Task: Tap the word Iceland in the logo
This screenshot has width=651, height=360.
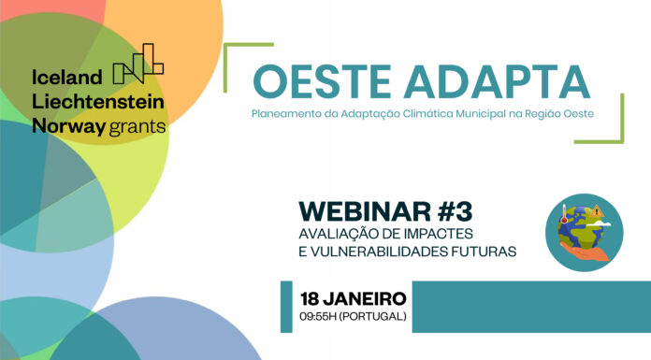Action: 66,79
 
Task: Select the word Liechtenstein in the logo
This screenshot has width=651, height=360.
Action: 98,101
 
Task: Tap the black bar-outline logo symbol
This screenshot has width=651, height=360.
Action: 137,64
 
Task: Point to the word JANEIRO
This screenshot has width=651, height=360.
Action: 367,299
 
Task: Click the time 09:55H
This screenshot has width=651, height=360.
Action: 323,316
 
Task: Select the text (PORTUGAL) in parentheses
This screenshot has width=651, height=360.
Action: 376,316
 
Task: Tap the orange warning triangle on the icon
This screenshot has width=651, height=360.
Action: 597,211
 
